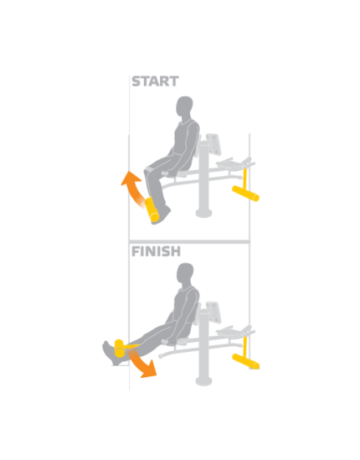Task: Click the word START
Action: click(155, 81)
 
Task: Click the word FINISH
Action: click(156, 251)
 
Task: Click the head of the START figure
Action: click(184, 107)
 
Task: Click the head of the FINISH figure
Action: click(185, 274)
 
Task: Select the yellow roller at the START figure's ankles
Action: click(152, 209)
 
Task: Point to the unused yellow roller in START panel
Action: click(245, 194)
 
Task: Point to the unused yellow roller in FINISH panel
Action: click(245, 361)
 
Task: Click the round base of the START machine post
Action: click(203, 214)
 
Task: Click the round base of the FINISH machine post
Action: click(203, 380)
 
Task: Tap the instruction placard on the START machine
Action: click(213, 144)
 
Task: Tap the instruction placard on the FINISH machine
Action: click(213, 312)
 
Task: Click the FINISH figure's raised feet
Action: click(111, 353)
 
